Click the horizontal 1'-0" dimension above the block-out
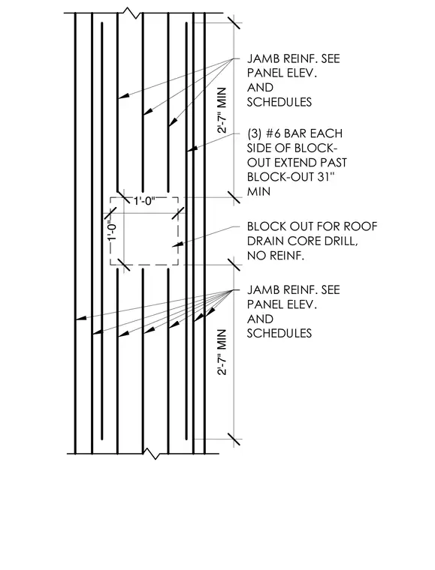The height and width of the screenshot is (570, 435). pos(144,201)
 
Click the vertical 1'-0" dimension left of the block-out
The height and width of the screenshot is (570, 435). pos(113,231)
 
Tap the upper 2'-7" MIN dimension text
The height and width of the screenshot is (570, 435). pos(222,110)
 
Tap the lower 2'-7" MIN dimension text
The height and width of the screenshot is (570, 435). pos(222,352)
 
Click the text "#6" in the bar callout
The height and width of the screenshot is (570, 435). pos(273,133)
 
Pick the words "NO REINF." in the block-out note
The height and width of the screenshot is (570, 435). pos(276,256)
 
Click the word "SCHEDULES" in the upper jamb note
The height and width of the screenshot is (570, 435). pos(279,102)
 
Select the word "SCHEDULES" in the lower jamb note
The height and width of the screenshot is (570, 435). pos(279,333)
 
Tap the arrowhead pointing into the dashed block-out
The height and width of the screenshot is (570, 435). pos(177,244)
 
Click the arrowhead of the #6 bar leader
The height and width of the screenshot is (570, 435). pos(192,148)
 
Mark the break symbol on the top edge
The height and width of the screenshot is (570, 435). pos(131,13)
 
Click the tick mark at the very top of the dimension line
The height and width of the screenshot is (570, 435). pos(234,23)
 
